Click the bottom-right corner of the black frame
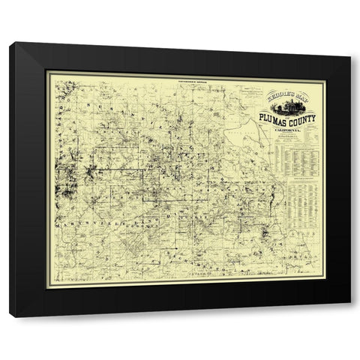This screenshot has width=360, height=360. pos(349,316)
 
